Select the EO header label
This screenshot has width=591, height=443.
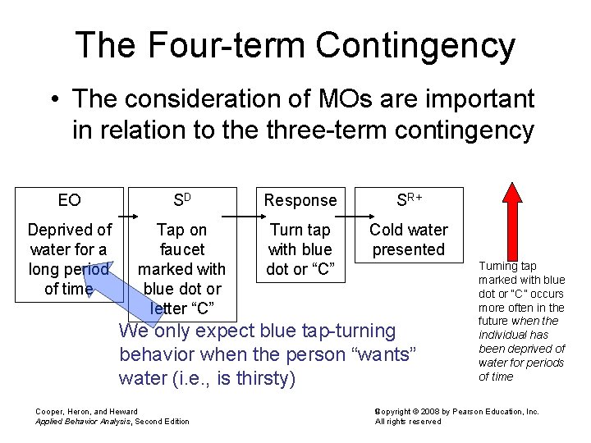coord(70,200)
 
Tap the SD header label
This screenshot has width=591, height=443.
coord(181,200)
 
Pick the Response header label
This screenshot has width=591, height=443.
coord(300,200)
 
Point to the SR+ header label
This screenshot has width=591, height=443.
coord(408,199)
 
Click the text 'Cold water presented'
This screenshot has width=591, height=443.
coord(408,240)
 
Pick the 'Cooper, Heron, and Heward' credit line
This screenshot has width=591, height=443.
coord(87,411)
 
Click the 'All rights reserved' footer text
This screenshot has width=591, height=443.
coord(408,422)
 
